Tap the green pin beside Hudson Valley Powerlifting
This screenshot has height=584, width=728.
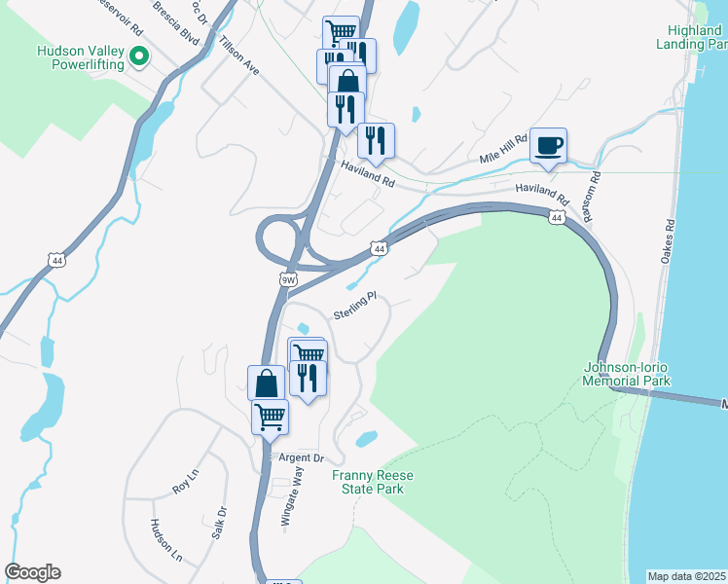click(139, 57)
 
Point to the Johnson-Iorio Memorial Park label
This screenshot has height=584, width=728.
click(628, 374)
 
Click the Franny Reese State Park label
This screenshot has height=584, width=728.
click(367, 482)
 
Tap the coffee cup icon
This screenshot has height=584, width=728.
click(548, 146)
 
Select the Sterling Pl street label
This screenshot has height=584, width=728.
click(354, 307)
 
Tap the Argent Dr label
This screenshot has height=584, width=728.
click(302, 457)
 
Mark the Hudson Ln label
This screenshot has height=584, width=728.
click(165, 540)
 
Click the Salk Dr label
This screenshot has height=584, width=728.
click(220, 524)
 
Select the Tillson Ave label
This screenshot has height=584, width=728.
click(239, 56)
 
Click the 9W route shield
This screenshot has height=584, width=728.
click(288, 279)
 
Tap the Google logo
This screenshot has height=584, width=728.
click(32, 572)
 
